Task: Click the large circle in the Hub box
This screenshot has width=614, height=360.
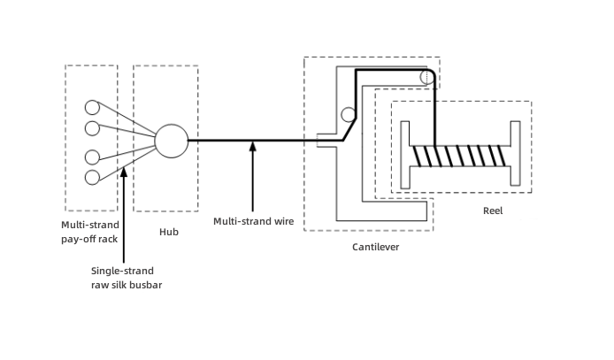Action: click(171, 140)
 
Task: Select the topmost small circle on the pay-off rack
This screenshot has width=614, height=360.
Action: click(92, 108)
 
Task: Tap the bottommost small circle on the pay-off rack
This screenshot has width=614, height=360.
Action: click(92, 178)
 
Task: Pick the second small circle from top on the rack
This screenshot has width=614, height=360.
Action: click(92, 129)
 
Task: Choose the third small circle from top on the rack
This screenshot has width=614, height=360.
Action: click(92, 158)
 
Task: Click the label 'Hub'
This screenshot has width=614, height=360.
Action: click(168, 232)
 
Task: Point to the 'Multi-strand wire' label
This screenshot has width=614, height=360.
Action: click(253, 221)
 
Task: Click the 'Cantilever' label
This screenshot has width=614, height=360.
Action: click(375, 247)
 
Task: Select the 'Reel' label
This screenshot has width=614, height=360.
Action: click(493, 211)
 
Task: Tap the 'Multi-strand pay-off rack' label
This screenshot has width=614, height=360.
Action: click(90, 232)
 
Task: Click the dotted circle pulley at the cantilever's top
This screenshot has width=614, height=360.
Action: click(427, 77)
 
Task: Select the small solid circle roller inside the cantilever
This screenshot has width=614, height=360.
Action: click(349, 114)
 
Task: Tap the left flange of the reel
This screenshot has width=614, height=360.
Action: click(405, 155)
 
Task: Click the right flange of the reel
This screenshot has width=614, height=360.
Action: click(514, 155)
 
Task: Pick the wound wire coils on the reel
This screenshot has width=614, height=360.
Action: click(460, 156)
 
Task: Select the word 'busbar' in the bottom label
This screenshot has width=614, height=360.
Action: click(145, 285)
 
